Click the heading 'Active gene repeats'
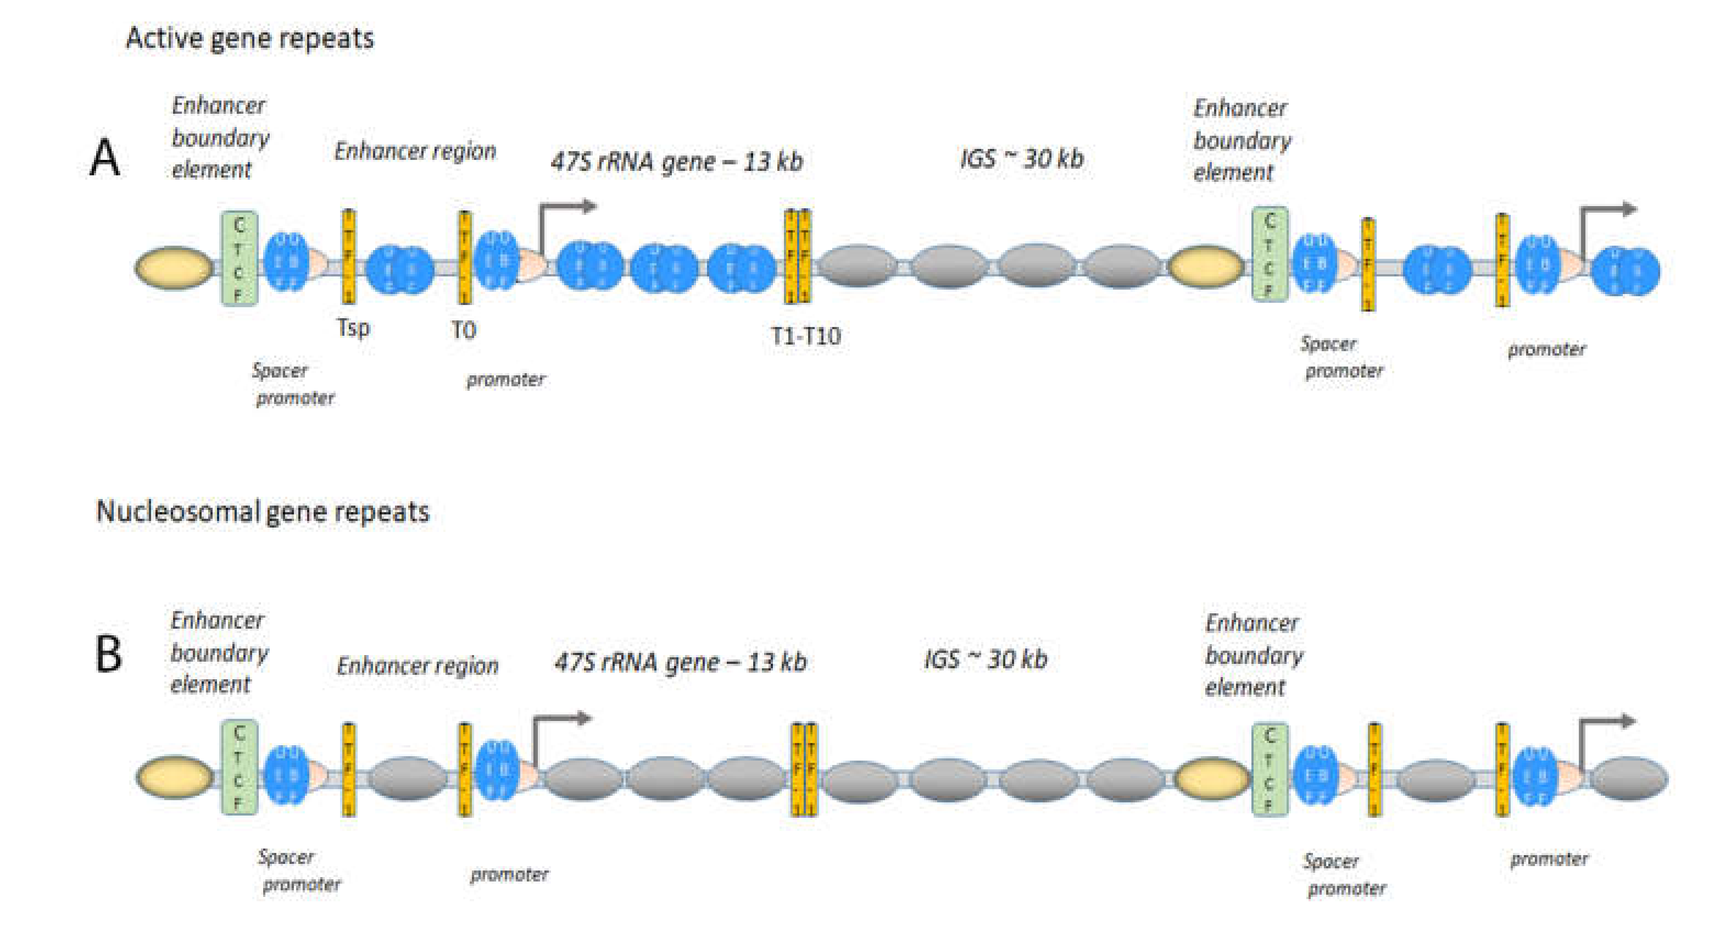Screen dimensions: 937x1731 coord(249,38)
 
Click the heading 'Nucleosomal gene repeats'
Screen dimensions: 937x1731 coord(262,512)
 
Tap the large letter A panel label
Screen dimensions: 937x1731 coord(105,159)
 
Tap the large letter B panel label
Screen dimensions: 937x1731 coord(108,653)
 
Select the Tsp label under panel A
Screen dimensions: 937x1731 coord(353,328)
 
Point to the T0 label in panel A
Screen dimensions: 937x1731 coord(463,330)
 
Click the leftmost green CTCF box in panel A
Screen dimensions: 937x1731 coord(239,259)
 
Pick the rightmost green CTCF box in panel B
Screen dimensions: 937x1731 coord(1270,769)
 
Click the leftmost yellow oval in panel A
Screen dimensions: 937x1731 coord(174,268)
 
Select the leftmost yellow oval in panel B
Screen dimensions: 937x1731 coord(175,778)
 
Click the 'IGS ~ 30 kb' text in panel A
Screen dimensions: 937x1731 coord(1021,159)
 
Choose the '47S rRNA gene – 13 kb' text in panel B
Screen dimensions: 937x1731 coord(680,662)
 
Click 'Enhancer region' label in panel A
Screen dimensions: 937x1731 coord(415,151)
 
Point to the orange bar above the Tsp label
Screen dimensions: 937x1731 coord(349,257)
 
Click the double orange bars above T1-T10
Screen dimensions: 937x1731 coord(798,257)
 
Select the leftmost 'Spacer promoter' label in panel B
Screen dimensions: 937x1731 coord(299,871)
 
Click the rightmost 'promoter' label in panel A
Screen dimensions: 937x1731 coord(1546,350)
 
